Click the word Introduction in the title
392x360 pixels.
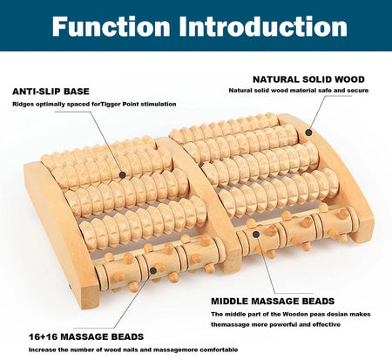tap(261, 25)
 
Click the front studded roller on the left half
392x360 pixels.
tap(148, 262)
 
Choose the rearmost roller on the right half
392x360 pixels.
tap(226, 131)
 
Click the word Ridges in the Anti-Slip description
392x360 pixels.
tap(23, 104)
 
